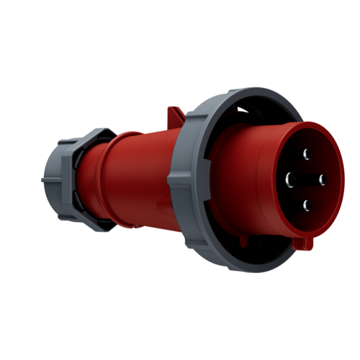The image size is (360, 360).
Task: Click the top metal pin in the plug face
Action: [x=306, y=153]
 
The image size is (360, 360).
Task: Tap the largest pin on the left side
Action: [x=290, y=179]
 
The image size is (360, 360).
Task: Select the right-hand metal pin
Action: [x=322, y=180]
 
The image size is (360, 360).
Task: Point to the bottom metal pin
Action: [x=306, y=205]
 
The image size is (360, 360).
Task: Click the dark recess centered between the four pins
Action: [x=306, y=180]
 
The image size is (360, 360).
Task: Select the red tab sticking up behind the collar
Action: [x=175, y=115]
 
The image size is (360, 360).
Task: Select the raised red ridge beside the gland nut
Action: [x=86, y=180]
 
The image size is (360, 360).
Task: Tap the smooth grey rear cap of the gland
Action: [x=52, y=180]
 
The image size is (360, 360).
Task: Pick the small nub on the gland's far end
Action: [x=42, y=180]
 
